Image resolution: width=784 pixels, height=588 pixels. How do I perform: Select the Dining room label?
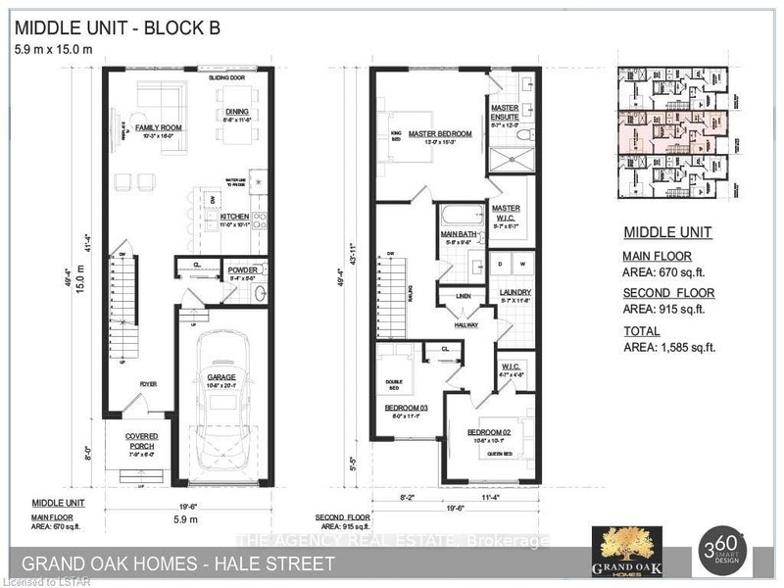coord(236,113)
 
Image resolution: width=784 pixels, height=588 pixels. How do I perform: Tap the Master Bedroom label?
coord(440,133)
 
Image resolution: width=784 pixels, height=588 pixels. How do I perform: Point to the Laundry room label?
coord(514,292)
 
